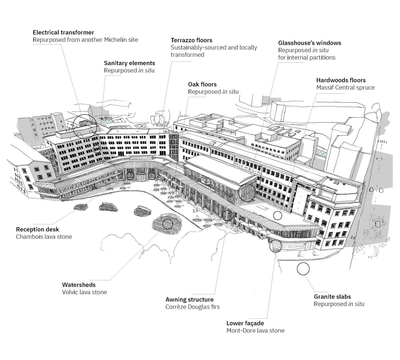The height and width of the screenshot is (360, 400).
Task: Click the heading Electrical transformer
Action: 63,32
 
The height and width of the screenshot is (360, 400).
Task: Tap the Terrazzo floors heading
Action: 191,40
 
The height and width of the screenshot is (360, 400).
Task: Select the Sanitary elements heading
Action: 129,63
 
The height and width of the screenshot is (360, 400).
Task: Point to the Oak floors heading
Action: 202,84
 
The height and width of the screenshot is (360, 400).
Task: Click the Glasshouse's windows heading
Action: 310,43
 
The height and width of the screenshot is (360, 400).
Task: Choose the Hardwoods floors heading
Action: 341,80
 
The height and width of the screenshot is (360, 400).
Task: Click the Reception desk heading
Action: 38,229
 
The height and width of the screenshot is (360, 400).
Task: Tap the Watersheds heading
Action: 79,285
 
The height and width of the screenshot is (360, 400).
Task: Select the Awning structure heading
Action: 190,300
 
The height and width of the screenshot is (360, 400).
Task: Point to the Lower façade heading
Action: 245,323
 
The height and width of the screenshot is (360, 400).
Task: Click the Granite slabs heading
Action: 332,296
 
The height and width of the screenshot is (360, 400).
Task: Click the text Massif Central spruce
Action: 346,88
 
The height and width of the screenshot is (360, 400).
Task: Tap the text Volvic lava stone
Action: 84,292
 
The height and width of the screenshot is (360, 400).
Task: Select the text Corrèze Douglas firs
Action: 193,307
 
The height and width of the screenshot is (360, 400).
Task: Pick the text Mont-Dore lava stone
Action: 255,331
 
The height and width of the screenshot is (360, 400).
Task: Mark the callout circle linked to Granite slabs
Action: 303,263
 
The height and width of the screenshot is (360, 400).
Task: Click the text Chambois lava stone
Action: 44,237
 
